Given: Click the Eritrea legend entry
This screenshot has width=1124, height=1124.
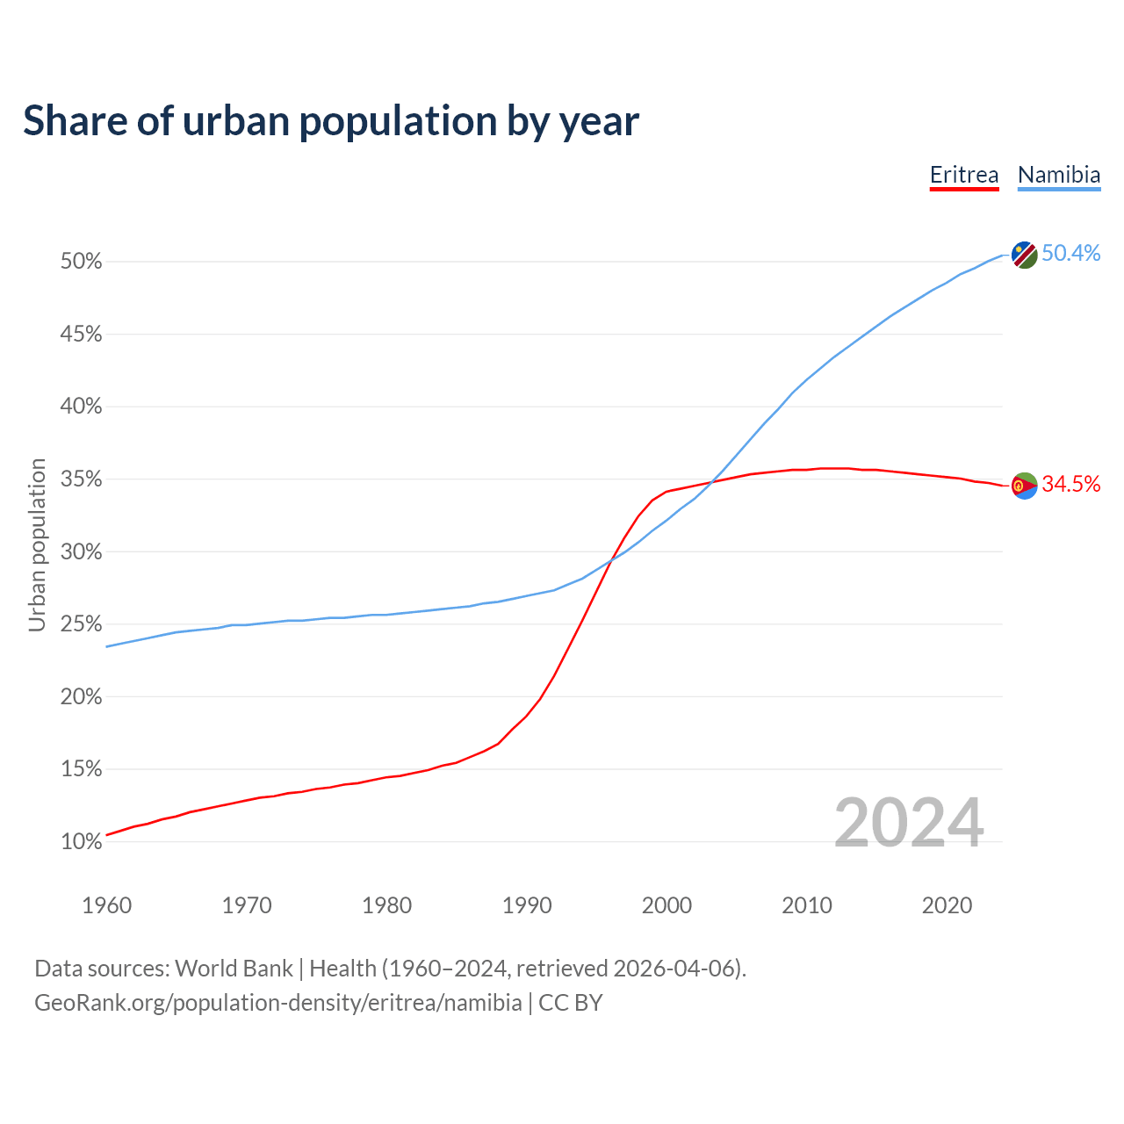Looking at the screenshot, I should (x=964, y=175).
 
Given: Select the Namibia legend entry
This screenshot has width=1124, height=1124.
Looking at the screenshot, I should (x=1059, y=175).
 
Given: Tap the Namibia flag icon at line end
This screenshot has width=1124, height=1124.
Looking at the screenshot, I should (x=1024, y=255).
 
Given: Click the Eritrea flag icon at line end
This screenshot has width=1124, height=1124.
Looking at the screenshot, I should (x=1024, y=485).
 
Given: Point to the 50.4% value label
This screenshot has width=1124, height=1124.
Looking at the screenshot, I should (x=1071, y=254).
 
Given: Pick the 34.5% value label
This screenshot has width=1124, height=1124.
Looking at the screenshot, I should (x=1071, y=484).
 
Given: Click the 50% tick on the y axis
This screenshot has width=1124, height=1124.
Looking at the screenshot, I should (x=82, y=262).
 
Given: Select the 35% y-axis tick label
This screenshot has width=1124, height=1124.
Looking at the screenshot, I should (x=82, y=479).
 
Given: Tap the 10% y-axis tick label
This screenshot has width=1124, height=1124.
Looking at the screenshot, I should (x=82, y=842).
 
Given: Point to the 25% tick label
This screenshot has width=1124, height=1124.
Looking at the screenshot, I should (x=82, y=624).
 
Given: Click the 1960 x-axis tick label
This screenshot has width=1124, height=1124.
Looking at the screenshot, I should (x=106, y=905).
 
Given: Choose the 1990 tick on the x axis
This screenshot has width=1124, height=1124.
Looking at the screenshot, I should (x=527, y=905).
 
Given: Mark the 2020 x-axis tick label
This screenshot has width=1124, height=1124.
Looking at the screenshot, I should (x=947, y=905).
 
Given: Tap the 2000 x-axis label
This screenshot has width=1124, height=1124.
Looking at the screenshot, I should (x=666, y=905).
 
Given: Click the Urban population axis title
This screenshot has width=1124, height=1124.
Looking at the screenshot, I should (x=37, y=544).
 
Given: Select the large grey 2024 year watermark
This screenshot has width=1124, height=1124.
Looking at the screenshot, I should (x=909, y=823).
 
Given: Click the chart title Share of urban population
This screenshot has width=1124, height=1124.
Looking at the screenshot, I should (x=330, y=120).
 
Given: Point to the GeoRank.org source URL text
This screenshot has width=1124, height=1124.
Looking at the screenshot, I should (x=277, y=1003).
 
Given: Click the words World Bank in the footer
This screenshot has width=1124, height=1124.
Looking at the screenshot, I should (x=234, y=969).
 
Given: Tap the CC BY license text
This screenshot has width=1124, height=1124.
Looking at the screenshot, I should (x=571, y=1003).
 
